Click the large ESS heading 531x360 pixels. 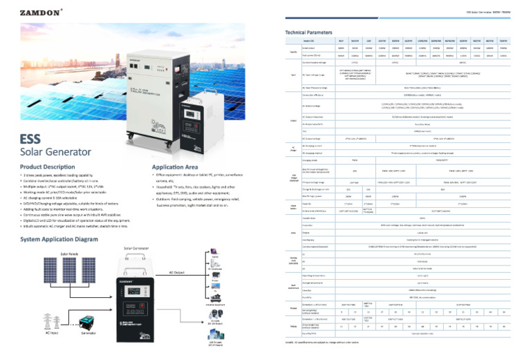pyautogui.click(x=33, y=138)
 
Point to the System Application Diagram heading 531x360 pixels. pyautogui.click(x=64, y=238)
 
